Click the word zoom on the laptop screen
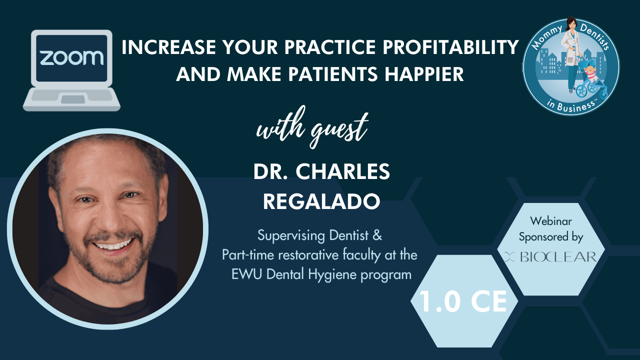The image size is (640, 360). pyautogui.click(x=71, y=57)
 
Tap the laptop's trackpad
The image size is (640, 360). pyautogui.click(x=73, y=99)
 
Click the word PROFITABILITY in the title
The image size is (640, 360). pyautogui.click(x=450, y=47)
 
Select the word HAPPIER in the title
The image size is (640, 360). pyautogui.click(x=424, y=74)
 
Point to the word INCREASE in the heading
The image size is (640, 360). pyautogui.click(x=168, y=47)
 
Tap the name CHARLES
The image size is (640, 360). pyautogui.click(x=343, y=171)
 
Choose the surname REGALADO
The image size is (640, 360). pyautogui.click(x=321, y=201)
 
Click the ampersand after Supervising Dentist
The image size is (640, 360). pyautogui.click(x=377, y=235)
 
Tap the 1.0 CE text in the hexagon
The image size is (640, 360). pyautogui.click(x=463, y=301)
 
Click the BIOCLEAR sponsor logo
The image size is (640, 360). pyautogui.click(x=550, y=257)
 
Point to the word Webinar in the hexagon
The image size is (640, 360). pyautogui.click(x=551, y=221)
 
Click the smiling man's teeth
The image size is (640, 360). pyautogui.click(x=113, y=245)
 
